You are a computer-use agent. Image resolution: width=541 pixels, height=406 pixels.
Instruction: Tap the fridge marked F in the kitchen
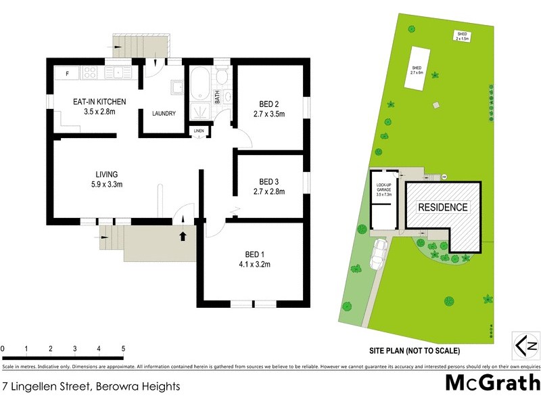click(x=67, y=72)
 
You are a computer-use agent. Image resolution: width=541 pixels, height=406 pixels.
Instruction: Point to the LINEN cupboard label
click(x=198, y=131)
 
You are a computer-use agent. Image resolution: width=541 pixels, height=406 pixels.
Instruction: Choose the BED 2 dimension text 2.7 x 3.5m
click(x=268, y=114)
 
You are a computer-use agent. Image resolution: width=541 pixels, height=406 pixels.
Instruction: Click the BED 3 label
click(x=268, y=181)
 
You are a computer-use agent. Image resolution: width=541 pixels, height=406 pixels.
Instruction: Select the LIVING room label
click(x=97, y=174)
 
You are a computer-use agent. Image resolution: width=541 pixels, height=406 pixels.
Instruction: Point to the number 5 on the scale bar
click(x=123, y=349)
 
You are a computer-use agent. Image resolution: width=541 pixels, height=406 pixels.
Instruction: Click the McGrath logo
click(x=492, y=382)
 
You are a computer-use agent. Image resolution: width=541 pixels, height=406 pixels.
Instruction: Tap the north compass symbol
click(x=525, y=344)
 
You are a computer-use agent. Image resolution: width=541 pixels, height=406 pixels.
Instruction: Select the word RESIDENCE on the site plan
click(x=442, y=207)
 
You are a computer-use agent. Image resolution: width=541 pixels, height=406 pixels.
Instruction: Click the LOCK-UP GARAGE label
click(x=382, y=185)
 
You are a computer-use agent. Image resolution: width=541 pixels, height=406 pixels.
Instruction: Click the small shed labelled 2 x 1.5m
click(x=463, y=35)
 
